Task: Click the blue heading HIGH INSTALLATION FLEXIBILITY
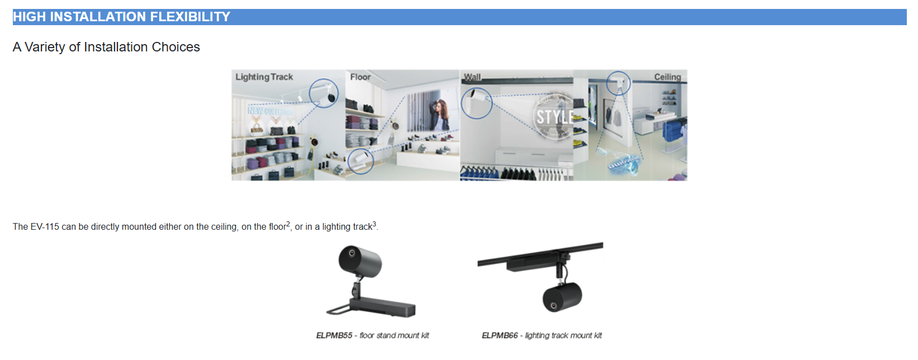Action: coord(122,17)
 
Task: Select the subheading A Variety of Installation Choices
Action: coord(106,47)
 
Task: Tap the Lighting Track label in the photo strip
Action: coord(264,77)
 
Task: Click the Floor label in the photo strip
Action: coord(360,77)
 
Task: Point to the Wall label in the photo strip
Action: coord(472,77)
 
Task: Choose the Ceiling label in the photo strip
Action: coord(667,77)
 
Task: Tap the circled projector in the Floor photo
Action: coord(360,160)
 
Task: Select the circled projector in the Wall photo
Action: coord(477,102)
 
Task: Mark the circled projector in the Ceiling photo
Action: coord(619,83)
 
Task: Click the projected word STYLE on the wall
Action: coord(554,117)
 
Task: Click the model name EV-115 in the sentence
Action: coord(45,227)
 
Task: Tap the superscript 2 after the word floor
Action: coord(288,224)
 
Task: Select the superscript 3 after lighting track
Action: coord(374,224)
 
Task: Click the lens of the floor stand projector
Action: coord(351,253)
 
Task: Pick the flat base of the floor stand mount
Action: coord(383,307)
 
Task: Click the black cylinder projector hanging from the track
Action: coord(562,296)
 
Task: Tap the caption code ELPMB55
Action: coord(334,335)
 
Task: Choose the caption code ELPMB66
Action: coord(500,335)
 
